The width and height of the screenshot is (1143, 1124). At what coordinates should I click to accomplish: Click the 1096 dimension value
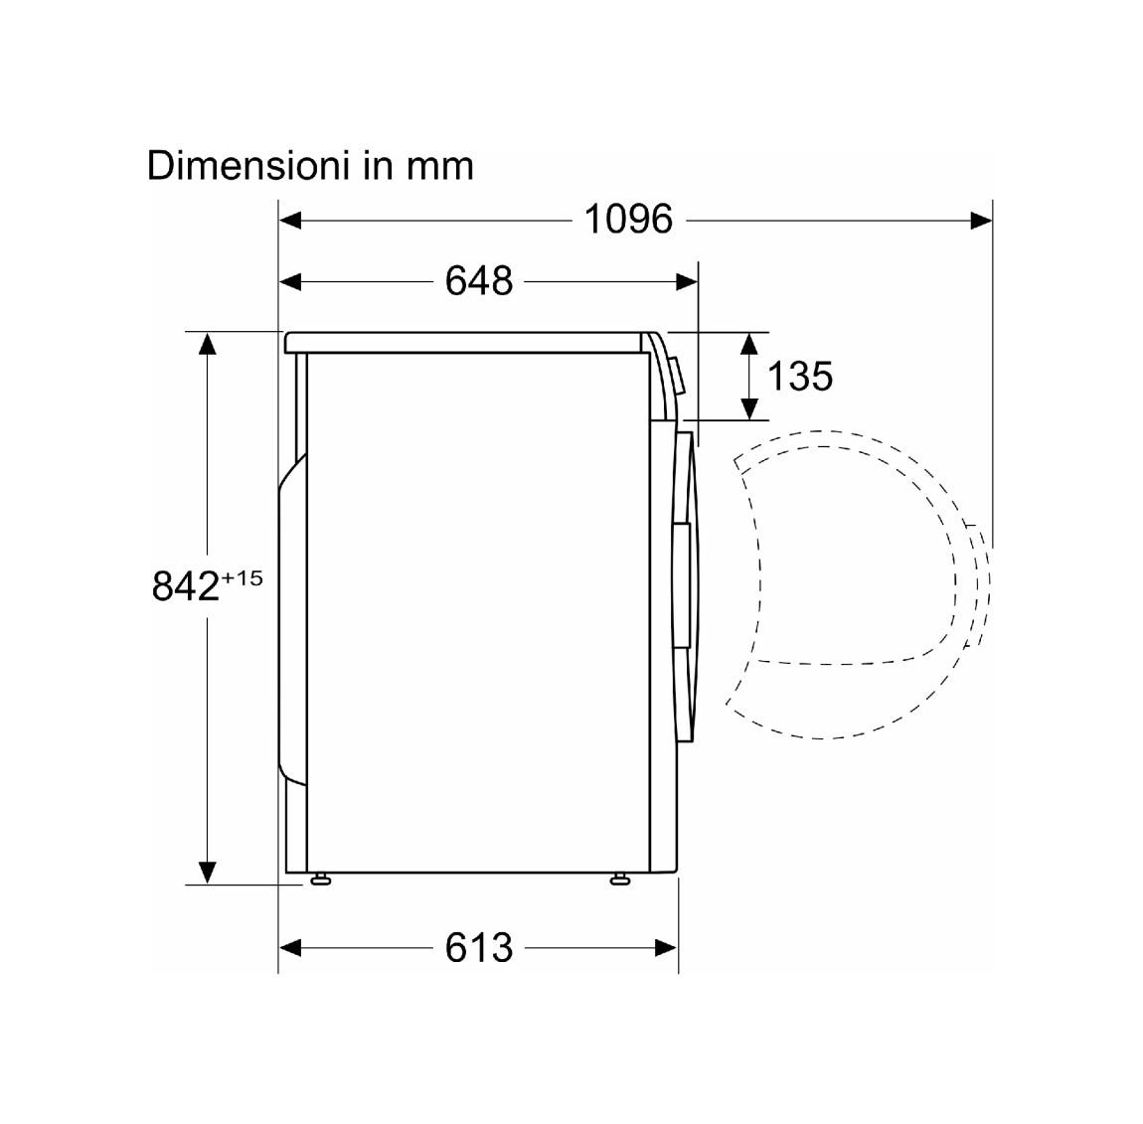[628, 219]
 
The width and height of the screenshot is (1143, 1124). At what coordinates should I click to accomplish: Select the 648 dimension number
[479, 280]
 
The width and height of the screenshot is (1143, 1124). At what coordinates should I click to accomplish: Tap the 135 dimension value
[800, 376]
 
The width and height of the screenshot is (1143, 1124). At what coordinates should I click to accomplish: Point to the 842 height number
[185, 585]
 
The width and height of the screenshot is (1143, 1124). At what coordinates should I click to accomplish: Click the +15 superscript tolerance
[242, 578]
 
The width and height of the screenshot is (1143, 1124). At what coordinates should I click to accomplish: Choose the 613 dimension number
[479, 948]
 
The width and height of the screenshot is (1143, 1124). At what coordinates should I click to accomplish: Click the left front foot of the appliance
[319, 880]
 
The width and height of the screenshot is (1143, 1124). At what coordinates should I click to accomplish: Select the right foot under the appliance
[619, 880]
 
